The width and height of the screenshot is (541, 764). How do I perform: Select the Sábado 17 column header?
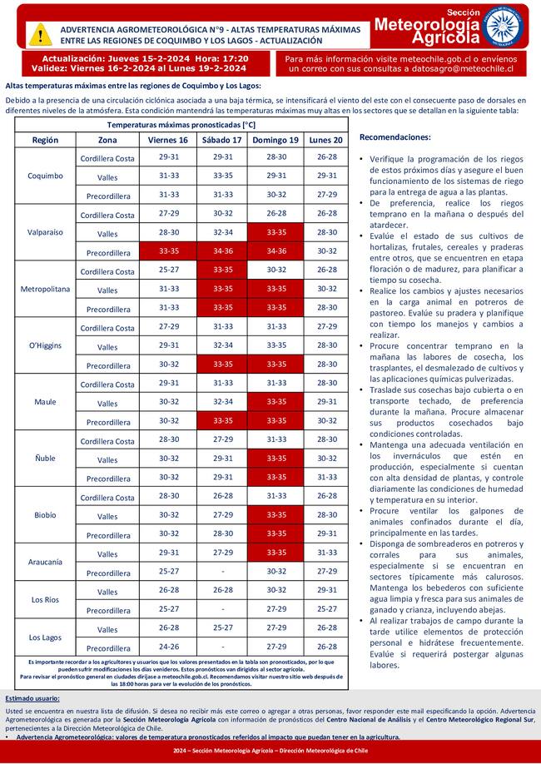(222, 140)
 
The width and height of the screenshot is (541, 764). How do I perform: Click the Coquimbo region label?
(45, 176)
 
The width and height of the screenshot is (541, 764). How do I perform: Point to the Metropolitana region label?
(45, 289)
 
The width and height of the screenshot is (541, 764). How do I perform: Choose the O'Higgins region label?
(45, 345)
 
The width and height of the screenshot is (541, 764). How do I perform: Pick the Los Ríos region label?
(45, 599)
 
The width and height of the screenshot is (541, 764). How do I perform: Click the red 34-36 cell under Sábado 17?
(222, 251)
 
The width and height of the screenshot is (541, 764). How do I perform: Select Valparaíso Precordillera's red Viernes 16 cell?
(168, 251)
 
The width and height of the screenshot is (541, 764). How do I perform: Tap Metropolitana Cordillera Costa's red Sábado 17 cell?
(222, 270)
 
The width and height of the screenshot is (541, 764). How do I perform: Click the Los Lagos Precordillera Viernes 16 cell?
(168, 647)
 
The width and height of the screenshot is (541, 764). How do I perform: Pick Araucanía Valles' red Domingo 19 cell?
(275, 553)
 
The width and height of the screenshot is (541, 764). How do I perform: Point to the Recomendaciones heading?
(395, 136)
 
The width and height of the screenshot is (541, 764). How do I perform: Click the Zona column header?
(107, 140)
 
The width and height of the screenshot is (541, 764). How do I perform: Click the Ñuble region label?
(45, 459)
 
